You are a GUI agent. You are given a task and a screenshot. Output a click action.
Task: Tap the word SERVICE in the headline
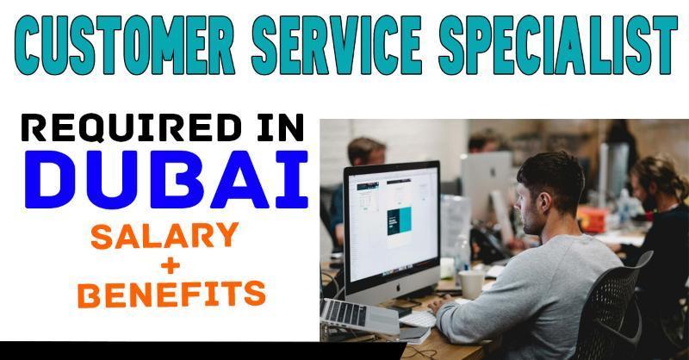[x=337, y=45]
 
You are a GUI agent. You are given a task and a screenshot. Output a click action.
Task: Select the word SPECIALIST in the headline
[x=558, y=45]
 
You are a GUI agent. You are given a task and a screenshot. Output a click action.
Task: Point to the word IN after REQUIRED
[x=281, y=128]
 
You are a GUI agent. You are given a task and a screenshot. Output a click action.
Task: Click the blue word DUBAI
[x=166, y=179]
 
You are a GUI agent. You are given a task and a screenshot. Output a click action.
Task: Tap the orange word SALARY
[x=164, y=236]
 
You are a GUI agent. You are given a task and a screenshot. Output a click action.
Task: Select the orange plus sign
[x=171, y=265]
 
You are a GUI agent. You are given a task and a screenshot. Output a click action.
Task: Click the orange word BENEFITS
[x=171, y=294]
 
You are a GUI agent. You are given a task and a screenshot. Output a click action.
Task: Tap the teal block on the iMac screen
[x=400, y=221]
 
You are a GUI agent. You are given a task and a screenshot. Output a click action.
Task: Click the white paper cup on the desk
[x=471, y=284]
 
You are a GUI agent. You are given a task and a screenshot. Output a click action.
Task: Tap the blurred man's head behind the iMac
[x=367, y=151]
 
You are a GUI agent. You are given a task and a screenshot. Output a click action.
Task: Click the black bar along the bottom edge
[x=203, y=351]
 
